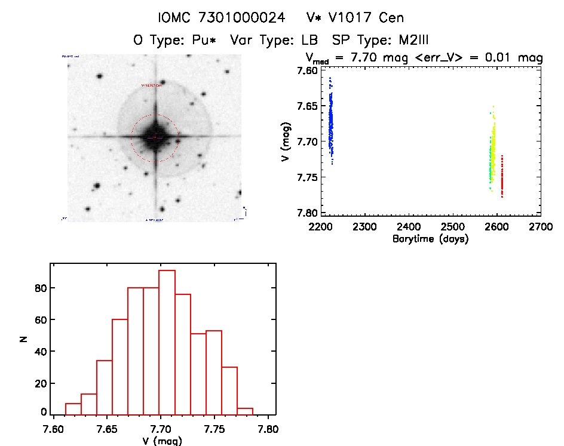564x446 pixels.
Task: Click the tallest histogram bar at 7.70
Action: click(167, 342)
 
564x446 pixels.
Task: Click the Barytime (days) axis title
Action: click(430, 239)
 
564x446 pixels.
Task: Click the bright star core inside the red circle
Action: click(155, 137)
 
